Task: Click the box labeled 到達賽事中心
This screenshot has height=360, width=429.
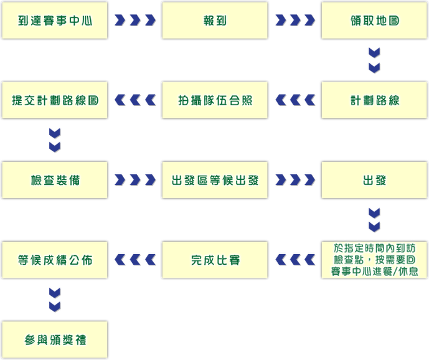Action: pos(55,21)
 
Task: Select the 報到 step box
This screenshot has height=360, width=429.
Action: pos(215,21)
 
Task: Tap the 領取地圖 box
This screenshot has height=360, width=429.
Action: pos(374,21)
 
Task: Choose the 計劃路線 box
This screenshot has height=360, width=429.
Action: pos(374,100)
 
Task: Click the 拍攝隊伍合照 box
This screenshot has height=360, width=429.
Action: pos(215,100)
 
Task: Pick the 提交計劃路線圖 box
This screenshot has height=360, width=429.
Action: pos(55,100)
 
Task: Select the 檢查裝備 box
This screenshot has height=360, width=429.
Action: pos(55,180)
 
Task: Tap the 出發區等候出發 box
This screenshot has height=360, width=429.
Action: pos(215,180)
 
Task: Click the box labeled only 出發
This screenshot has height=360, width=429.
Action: pos(374,180)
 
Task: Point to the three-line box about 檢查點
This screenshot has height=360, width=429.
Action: pos(374,260)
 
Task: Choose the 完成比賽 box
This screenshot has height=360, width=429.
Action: pos(215,260)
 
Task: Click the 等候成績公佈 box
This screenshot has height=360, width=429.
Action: pos(55,260)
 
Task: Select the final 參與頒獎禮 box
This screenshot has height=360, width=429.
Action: pos(55,339)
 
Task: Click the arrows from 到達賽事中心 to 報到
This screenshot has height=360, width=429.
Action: pos(135,21)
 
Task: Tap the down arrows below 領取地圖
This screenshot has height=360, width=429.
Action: pos(374,60)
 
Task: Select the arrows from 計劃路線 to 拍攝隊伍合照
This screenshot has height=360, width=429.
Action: pos(295,100)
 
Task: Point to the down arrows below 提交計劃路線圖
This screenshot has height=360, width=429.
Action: pos(55,140)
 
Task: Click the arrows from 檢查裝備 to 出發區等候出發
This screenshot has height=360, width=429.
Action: pos(135,180)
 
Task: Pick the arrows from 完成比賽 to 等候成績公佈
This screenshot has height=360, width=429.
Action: pos(135,260)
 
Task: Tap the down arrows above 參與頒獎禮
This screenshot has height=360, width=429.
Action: pos(55,300)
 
